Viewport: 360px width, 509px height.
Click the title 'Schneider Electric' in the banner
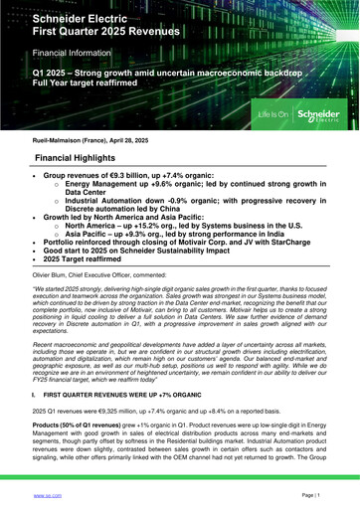[x=88, y=19]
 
